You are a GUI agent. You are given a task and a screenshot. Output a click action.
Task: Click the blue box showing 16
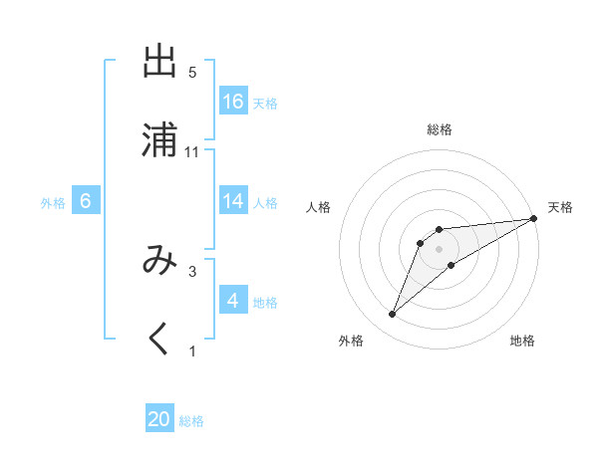233,102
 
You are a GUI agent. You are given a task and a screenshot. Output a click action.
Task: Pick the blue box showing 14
233,201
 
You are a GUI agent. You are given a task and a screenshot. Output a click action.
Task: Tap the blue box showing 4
233,301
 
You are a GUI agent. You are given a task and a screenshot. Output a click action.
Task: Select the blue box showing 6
86,201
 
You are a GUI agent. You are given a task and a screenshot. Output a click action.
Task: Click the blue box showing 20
159,419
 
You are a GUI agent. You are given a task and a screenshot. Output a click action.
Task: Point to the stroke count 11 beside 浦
192,152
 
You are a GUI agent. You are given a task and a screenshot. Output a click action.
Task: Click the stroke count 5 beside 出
192,73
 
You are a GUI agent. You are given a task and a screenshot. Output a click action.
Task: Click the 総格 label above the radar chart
440,129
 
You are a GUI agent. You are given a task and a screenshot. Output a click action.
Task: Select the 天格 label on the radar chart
560,207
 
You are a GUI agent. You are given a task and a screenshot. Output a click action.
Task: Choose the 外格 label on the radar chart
351,341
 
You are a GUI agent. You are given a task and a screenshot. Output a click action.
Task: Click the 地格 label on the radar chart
522,341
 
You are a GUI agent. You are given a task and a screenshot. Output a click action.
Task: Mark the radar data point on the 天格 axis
533,218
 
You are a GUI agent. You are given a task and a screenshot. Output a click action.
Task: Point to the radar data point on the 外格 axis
393,315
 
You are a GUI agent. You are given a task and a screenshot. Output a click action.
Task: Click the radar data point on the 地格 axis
451,265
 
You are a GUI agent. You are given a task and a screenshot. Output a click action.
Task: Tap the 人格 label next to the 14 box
265,202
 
